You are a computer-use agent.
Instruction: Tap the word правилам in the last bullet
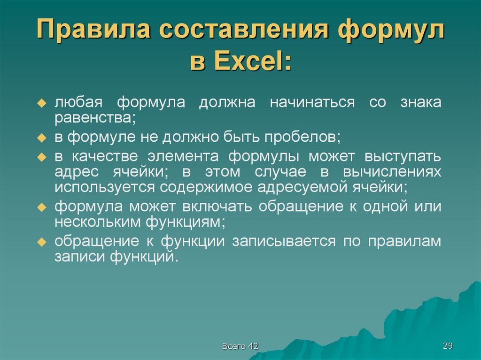[x=404, y=241]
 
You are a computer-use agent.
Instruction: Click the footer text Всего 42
[x=240, y=346]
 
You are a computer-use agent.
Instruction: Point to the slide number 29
[x=447, y=346]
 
